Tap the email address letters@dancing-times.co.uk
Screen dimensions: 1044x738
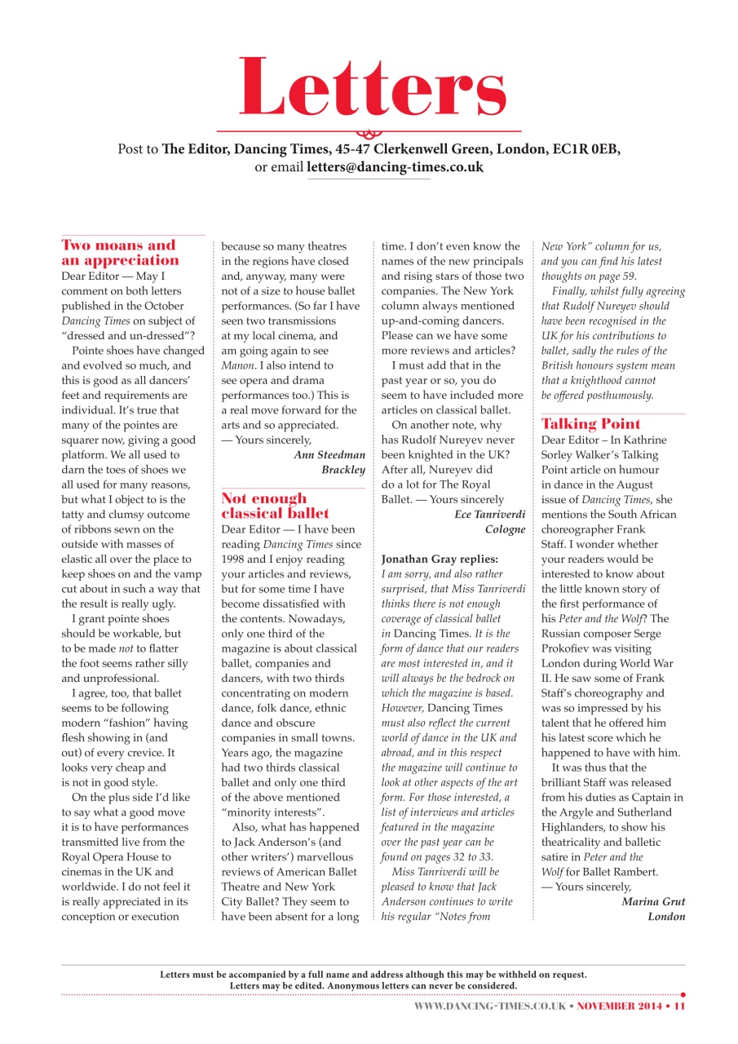(x=395, y=167)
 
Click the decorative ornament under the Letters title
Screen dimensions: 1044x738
(x=369, y=132)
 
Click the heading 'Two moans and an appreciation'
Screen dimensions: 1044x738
(x=120, y=253)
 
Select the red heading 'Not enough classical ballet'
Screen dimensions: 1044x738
(x=276, y=506)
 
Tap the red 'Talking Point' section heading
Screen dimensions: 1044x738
(x=590, y=424)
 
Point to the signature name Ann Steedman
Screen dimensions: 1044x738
(x=329, y=455)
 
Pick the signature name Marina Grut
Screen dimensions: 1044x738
(x=652, y=901)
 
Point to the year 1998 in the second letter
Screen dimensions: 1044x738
(x=235, y=560)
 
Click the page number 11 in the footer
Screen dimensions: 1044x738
(x=678, y=1006)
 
